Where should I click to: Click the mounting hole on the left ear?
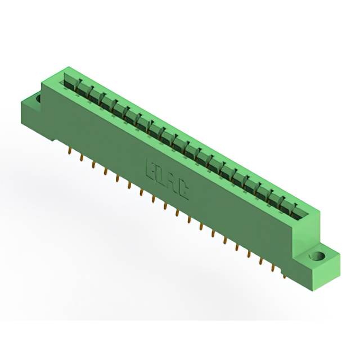(x=40, y=100)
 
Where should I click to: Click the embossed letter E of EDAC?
(x=151, y=167)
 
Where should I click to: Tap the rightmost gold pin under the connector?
(x=285, y=273)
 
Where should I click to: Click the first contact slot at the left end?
(x=70, y=82)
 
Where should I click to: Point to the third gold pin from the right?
(x=261, y=259)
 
